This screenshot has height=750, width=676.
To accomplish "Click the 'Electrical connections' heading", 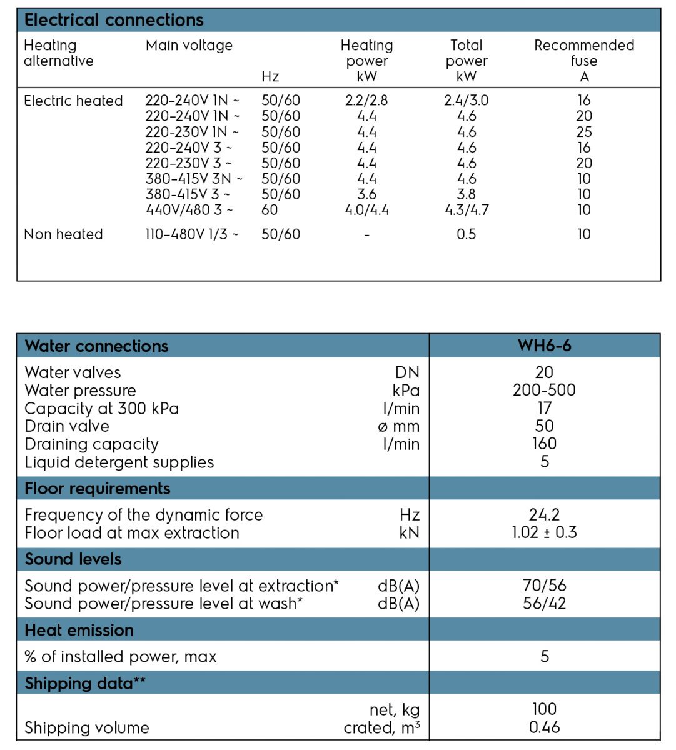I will coord(114,20).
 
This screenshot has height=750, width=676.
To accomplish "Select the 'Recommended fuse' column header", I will coord(584,61).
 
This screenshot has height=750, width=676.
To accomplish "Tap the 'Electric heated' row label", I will coord(73,101).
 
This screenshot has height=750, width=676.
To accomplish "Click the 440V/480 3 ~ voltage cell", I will coord(189,210).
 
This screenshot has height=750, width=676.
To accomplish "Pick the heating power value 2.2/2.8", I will coord(366,101).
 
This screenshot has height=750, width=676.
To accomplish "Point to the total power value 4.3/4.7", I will coord(467,210).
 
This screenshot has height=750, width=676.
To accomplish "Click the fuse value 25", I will coord(584,132).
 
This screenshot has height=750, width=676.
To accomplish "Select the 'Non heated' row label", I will coord(63,234).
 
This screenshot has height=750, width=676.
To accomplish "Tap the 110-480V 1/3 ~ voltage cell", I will coord(192,234).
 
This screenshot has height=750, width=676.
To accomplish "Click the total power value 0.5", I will coord(467,234).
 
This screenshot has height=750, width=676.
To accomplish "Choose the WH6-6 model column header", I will coord(544,346).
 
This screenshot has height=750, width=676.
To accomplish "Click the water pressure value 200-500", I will coord(544,390).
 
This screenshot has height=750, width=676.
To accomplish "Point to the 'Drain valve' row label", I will coord(67,426).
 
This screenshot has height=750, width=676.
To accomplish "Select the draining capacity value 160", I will coord(544,444).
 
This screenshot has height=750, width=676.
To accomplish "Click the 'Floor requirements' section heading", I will coord(98,488).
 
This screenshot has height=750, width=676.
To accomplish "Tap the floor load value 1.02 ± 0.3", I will coord(544,532).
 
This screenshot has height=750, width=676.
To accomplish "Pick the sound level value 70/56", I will coord(544,586).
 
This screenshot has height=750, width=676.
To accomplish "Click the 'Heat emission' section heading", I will coord(79,630).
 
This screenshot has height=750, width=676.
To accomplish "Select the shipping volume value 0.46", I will coord(544,727).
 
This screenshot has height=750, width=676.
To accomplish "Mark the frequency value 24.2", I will coord(544,515).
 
